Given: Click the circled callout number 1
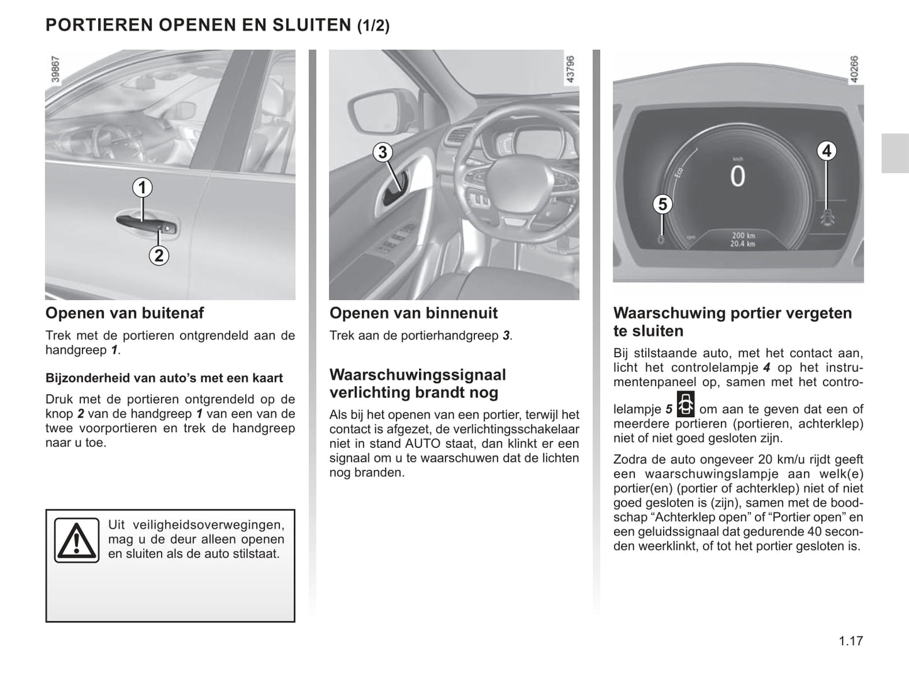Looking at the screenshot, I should click(x=143, y=187).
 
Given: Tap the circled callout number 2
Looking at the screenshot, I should click(x=159, y=255).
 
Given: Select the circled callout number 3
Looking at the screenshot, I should click(x=382, y=152).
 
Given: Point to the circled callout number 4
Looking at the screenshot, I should click(x=827, y=151).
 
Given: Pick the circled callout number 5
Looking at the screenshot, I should click(x=662, y=204).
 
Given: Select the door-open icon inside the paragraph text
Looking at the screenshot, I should click(x=685, y=404).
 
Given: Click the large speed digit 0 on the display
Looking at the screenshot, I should click(x=737, y=177).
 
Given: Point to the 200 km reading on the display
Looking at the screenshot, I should click(x=743, y=236).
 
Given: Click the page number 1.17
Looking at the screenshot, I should click(x=850, y=641).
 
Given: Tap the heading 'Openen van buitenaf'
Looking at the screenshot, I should click(x=125, y=313).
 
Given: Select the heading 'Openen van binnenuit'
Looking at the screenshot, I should click(x=413, y=313).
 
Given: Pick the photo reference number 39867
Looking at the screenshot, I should click(x=55, y=69).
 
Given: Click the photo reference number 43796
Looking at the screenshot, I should click(x=570, y=69).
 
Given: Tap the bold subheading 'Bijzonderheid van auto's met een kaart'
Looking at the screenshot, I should click(x=164, y=378).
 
